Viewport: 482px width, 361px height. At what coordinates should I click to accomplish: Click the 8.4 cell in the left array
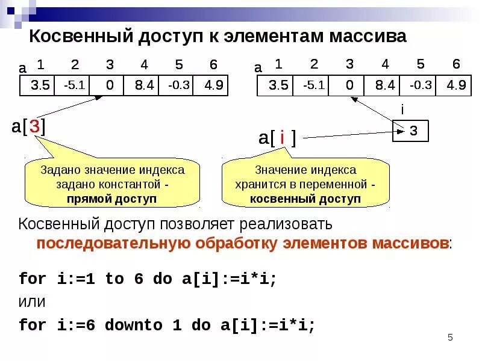pyautogui.click(x=143, y=85)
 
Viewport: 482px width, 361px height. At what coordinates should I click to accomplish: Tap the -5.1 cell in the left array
pyautogui.click(x=74, y=85)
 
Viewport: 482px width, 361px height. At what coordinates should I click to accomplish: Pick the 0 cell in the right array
pyautogui.click(x=350, y=85)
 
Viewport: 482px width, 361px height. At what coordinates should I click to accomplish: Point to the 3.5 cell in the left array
pyautogui.click(x=40, y=85)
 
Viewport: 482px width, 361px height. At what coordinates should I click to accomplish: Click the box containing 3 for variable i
pyautogui.click(x=410, y=131)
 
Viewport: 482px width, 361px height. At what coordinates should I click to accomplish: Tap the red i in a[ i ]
pyautogui.click(x=282, y=138)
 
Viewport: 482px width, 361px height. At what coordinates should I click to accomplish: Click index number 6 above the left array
pyautogui.click(x=214, y=65)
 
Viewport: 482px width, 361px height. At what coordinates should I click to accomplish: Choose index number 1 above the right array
pyautogui.click(x=278, y=64)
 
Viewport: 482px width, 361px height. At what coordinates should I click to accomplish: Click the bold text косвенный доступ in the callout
pyautogui.click(x=305, y=199)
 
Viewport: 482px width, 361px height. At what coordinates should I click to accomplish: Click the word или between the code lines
pyautogui.click(x=33, y=301)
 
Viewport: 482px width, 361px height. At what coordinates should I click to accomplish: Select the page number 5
pyautogui.click(x=449, y=337)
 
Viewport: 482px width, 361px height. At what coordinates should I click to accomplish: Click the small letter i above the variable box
pyautogui.click(x=402, y=110)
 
